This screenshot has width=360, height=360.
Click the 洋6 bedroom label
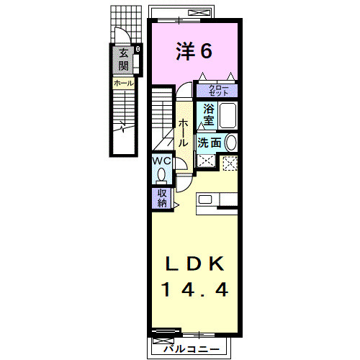194,52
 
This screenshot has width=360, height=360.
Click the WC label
161,161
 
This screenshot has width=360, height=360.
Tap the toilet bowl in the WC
161,174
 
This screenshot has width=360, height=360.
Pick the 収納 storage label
161,197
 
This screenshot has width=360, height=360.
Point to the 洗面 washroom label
210,143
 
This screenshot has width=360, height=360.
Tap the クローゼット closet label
218,91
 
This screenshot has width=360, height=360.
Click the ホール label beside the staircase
185,132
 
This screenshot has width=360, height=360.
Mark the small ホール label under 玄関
122,84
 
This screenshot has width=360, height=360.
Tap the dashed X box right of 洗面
230,163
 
